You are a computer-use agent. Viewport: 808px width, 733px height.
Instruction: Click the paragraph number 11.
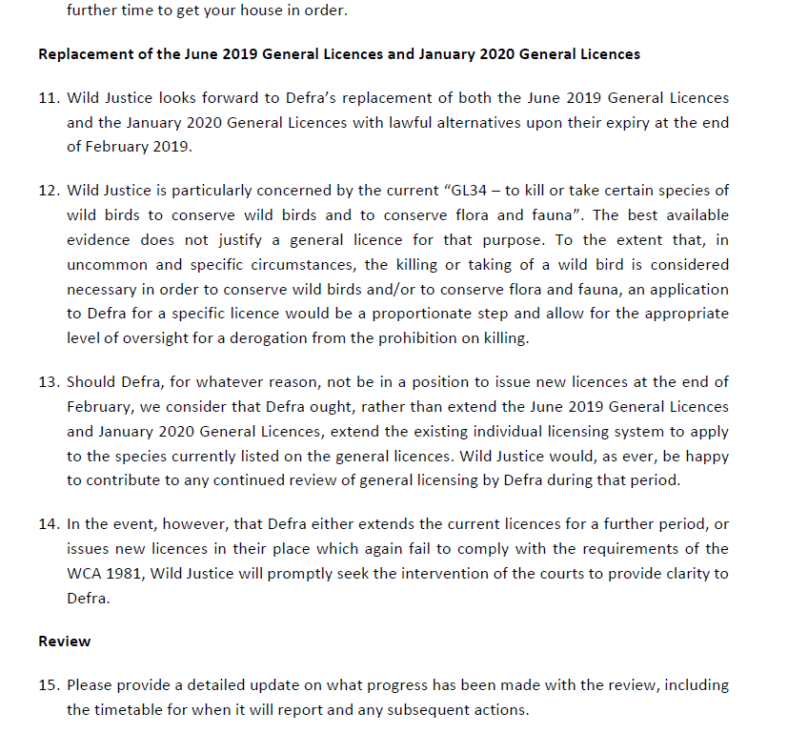point(48,98)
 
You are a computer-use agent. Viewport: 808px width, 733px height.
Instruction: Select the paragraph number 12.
point(48,191)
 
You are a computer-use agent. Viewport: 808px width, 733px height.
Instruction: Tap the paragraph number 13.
point(48,382)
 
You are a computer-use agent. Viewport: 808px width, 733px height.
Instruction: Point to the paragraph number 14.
point(48,524)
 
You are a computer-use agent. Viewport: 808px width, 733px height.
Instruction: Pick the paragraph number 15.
point(48,685)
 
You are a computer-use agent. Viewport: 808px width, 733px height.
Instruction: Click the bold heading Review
point(65,641)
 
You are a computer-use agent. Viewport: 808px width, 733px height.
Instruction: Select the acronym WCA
point(84,573)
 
